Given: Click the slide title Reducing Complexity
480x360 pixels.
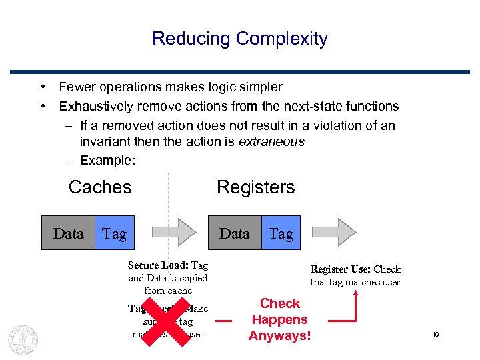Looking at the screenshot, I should (239, 39).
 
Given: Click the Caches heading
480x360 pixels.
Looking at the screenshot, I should (100, 187).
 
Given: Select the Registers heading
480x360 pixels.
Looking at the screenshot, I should (255, 187).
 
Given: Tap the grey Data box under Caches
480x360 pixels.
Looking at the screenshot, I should (68, 233).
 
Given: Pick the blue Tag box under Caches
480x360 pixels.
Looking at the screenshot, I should (115, 233).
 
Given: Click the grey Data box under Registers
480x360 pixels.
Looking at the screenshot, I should (235, 233).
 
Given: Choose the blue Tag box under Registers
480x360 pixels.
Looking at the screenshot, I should (281, 233).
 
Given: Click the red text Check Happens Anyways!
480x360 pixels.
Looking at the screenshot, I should (279, 319).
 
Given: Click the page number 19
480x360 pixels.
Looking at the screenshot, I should (435, 334).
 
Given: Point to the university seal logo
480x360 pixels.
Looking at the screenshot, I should (23, 338).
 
